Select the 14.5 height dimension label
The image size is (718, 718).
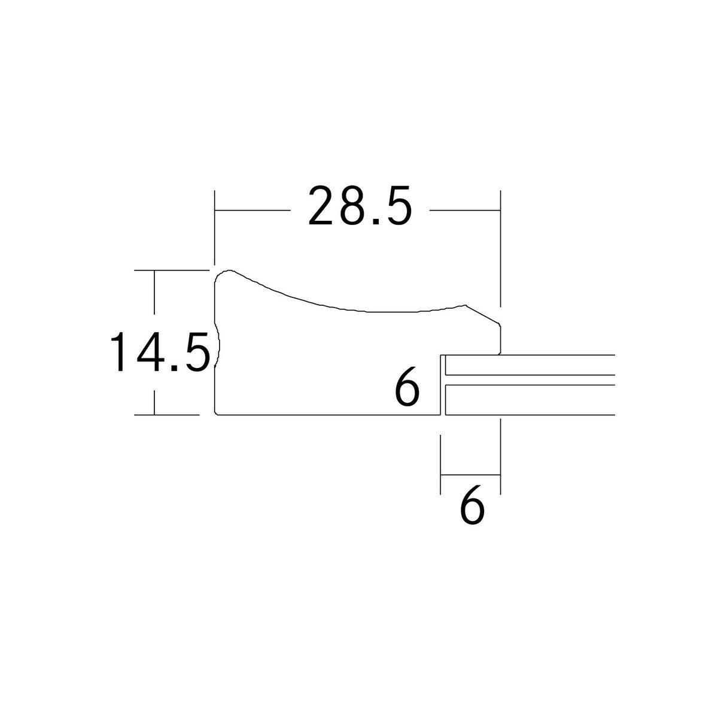point(160,352)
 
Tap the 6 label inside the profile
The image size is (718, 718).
point(407,388)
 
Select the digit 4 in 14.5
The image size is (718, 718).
point(150,352)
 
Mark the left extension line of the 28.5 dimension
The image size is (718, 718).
point(215,227)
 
